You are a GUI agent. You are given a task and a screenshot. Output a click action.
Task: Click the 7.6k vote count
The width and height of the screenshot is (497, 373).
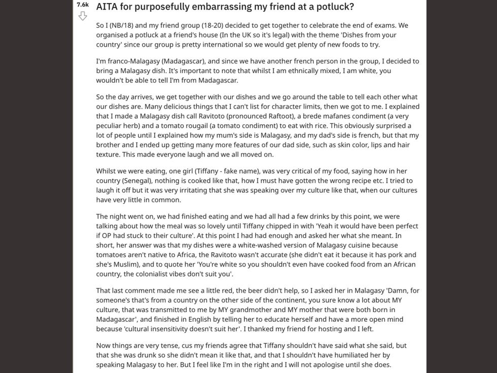(x=83, y=5)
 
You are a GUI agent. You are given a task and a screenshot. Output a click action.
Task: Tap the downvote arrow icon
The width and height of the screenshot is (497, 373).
(x=83, y=16)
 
